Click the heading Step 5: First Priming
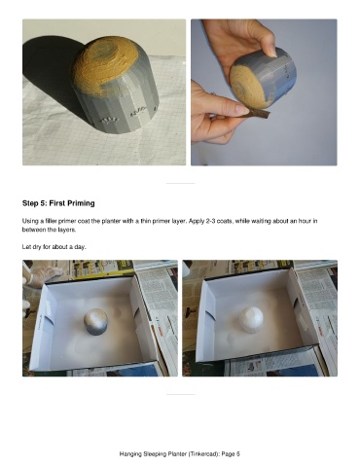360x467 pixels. (x=58, y=203)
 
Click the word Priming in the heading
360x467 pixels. (x=81, y=203)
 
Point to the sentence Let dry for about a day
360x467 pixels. (x=54, y=247)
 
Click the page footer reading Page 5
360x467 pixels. (x=231, y=454)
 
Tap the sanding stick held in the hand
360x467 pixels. (x=255, y=113)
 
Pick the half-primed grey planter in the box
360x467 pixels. (x=96, y=321)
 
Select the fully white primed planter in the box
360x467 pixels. (x=252, y=320)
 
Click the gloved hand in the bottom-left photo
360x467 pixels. (x=46, y=275)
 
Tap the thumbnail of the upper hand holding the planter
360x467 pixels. (x=272, y=52)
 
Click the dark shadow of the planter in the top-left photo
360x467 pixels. (x=49, y=70)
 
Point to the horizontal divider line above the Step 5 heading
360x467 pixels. (x=180, y=183)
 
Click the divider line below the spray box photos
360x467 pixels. (x=180, y=394)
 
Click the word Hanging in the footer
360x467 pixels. (x=129, y=454)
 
